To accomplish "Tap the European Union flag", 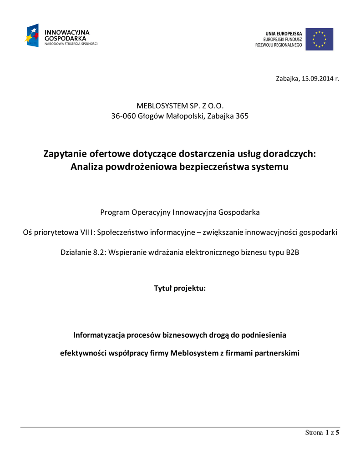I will pyautogui.click(x=319, y=39).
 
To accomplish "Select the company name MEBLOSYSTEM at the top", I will pyautogui.click(x=160, y=106).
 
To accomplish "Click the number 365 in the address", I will pyautogui.click(x=242, y=116).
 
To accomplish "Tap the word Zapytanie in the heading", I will pyautogui.click(x=64, y=154).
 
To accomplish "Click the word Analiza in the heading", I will pyautogui.click(x=87, y=167).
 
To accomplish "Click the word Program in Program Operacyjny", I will pyautogui.click(x=115, y=212).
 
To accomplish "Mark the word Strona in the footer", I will pyautogui.click(x=314, y=433).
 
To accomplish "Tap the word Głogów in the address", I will pyautogui.click(x=149, y=116).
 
